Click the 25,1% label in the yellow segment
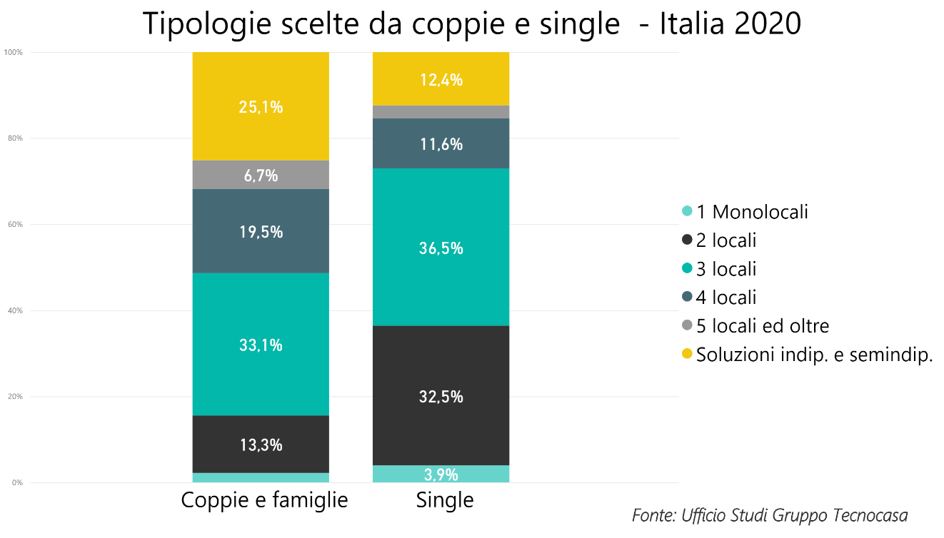(261, 107)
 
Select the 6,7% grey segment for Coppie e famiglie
(261, 175)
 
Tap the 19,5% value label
(261, 232)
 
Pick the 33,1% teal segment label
(261, 345)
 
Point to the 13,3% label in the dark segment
(261, 445)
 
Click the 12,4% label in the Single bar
(441, 80)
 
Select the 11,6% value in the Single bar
(441, 144)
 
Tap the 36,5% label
(441, 248)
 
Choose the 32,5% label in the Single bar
(441, 397)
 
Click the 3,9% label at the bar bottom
(441, 474)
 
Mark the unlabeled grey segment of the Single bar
(441, 112)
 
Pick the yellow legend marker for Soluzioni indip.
(687, 354)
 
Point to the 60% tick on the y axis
(15, 225)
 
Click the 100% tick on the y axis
(14, 53)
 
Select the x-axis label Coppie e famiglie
(264, 500)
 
